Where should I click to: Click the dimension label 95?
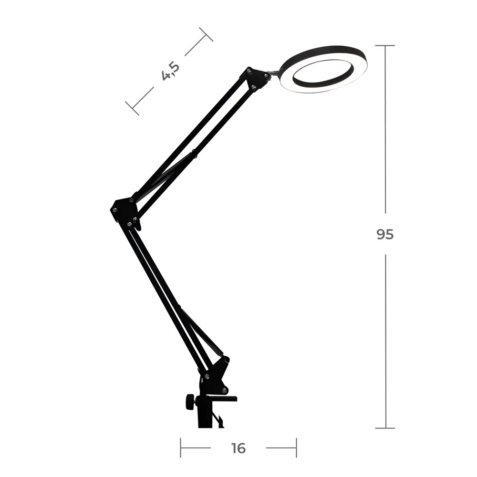[385, 234]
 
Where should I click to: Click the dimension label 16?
[238, 448]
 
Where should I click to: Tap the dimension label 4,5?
[170, 71]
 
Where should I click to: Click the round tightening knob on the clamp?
[190, 402]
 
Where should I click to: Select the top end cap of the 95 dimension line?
[385, 46]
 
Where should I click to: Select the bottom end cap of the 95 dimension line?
[385, 428]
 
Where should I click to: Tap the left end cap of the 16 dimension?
[181, 448]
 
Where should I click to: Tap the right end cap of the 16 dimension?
[296, 448]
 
